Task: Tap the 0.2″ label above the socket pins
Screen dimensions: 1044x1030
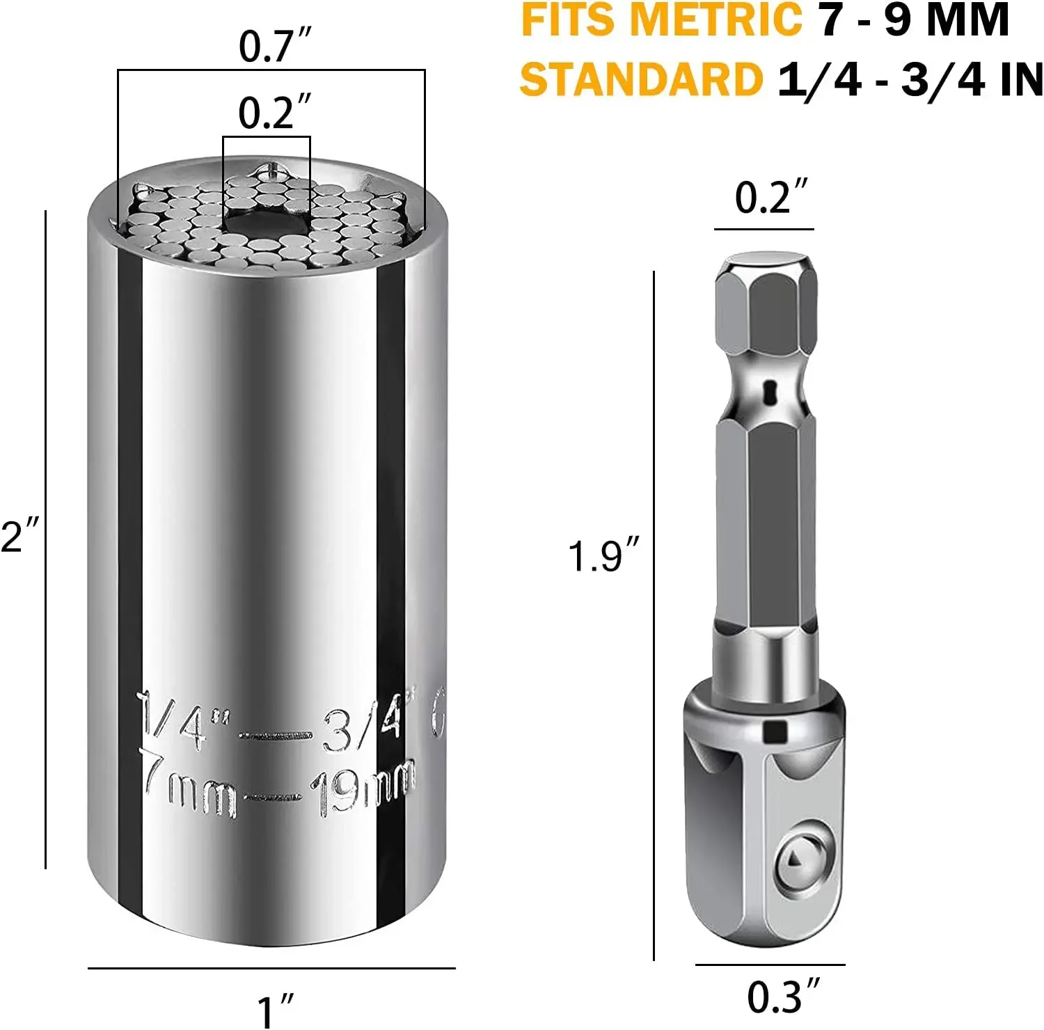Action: [274, 112]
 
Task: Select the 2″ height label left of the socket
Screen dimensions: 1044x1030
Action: [20, 536]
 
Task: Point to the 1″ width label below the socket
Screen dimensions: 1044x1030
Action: [275, 1011]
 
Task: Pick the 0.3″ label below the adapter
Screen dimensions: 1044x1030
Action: [784, 996]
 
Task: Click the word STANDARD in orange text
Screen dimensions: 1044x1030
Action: [641, 79]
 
